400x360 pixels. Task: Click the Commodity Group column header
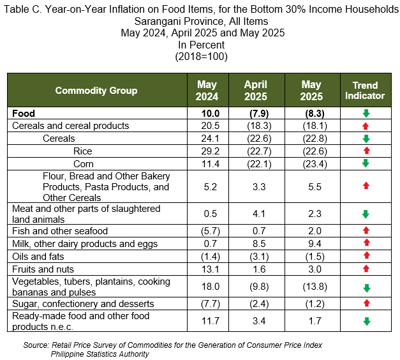coord(96,91)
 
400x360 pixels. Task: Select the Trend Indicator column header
coord(365,91)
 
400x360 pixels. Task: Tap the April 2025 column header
coord(256,91)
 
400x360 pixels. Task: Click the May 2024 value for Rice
coord(210,151)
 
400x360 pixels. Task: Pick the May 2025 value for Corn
coord(315,164)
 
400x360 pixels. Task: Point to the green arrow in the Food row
coord(366,113)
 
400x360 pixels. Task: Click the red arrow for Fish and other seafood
coord(366,230)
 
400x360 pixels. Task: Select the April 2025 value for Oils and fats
coord(259,257)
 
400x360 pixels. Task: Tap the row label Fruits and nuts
coord(43,269)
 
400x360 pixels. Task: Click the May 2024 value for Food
coord(211,114)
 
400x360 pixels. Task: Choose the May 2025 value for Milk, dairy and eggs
coord(315,244)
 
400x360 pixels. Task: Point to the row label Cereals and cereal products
coord(71,126)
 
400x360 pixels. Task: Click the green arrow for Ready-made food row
coord(367,321)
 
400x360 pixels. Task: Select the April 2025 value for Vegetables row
coord(259,287)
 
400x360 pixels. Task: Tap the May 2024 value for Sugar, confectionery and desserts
coord(211,304)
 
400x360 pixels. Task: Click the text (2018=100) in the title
coord(201,56)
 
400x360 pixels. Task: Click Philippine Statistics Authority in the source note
coord(100,354)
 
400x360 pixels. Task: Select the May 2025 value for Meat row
coord(315,214)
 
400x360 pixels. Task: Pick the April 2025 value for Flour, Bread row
coord(259,187)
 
